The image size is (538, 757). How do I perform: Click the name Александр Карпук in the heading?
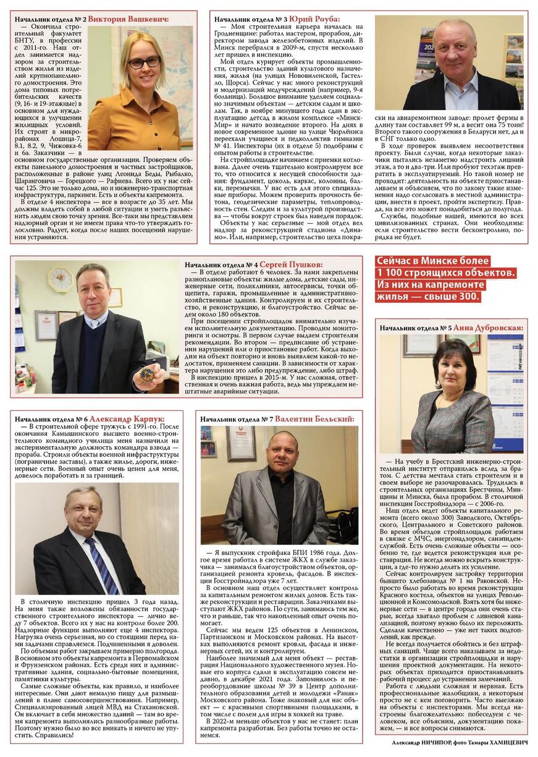(127, 418)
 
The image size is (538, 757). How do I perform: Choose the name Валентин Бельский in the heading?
(314, 418)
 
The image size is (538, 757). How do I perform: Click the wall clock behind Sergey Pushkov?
(60, 279)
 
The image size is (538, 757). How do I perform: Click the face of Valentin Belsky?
(284, 450)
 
